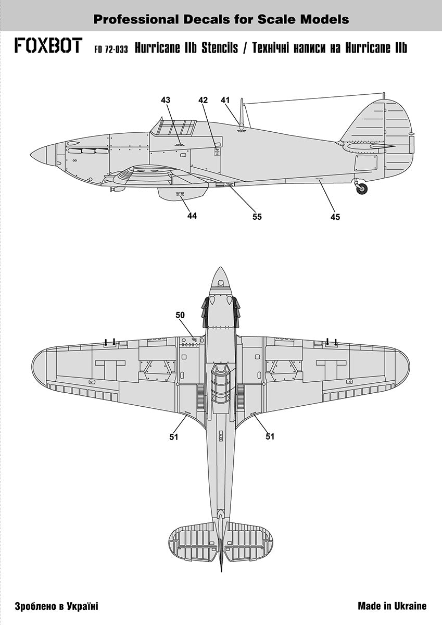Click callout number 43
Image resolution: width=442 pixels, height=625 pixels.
166,99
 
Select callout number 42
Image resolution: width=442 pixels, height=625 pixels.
203,99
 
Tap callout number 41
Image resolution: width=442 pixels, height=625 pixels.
225,99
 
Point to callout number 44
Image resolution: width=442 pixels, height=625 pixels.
192,215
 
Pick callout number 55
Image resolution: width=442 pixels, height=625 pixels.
257,217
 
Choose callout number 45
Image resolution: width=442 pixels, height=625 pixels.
335,217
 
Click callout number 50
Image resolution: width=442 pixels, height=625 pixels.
180,315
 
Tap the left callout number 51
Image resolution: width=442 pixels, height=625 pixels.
174,437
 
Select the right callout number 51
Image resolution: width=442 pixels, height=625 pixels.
270,436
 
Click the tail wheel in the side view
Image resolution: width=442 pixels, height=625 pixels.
362,189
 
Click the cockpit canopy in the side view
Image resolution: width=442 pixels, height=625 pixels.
173,128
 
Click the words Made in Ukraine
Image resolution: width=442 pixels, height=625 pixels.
392,606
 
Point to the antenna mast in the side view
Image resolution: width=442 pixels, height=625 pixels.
242,112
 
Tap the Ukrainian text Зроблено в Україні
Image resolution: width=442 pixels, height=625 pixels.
57,606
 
